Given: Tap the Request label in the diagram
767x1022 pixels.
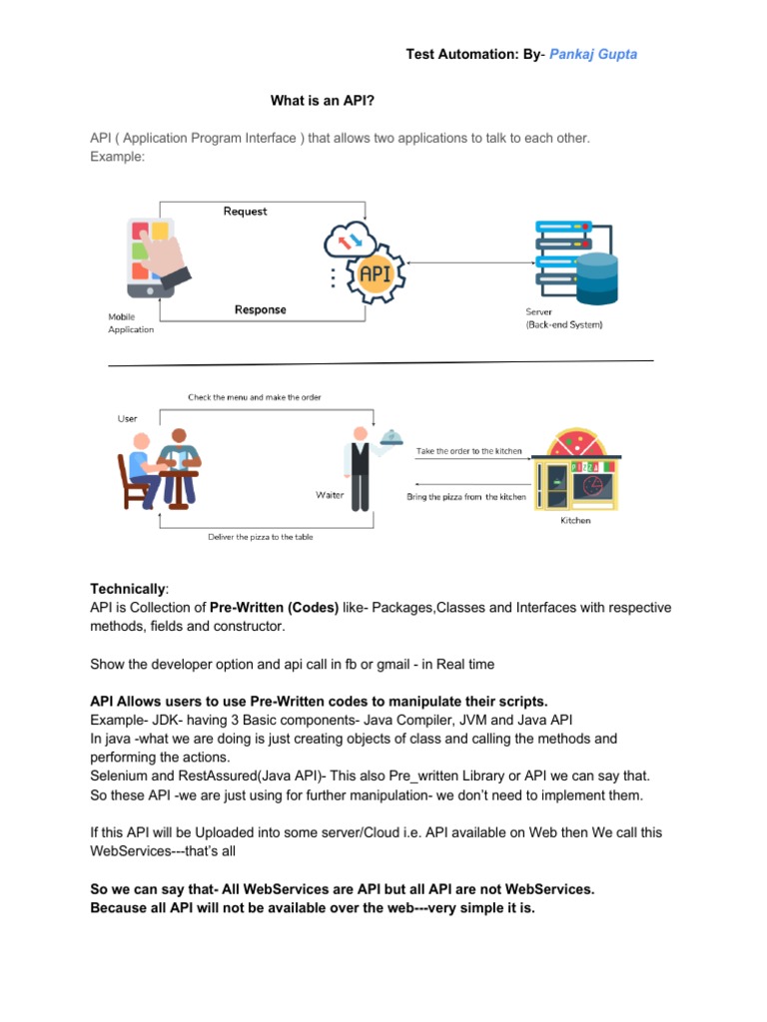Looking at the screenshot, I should pyautogui.click(x=246, y=212).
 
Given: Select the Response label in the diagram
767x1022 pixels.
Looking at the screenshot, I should pyautogui.click(x=260, y=309).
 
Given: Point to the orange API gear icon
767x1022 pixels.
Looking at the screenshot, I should pyautogui.click(x=376, y=272).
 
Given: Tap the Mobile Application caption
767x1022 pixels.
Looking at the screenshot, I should pyautogui.click(x=131, y=322).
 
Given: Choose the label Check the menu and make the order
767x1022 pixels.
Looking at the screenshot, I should pyautogui.click(x=255, y=397).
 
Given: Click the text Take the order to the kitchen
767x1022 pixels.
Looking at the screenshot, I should pyautogui.click(x=468, y=451).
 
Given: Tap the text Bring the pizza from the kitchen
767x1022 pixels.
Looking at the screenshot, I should pyautogui.click(x=466, y=497).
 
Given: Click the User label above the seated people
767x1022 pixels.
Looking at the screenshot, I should pyautogui.click(x=128, y=418).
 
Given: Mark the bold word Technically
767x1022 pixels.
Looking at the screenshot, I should pyautogui.click(x=129, y=589).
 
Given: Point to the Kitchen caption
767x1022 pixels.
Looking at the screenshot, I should pyautogui.click(x=575, y=520).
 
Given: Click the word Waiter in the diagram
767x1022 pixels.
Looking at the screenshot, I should pyautogui.click(x=331, y=495).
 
